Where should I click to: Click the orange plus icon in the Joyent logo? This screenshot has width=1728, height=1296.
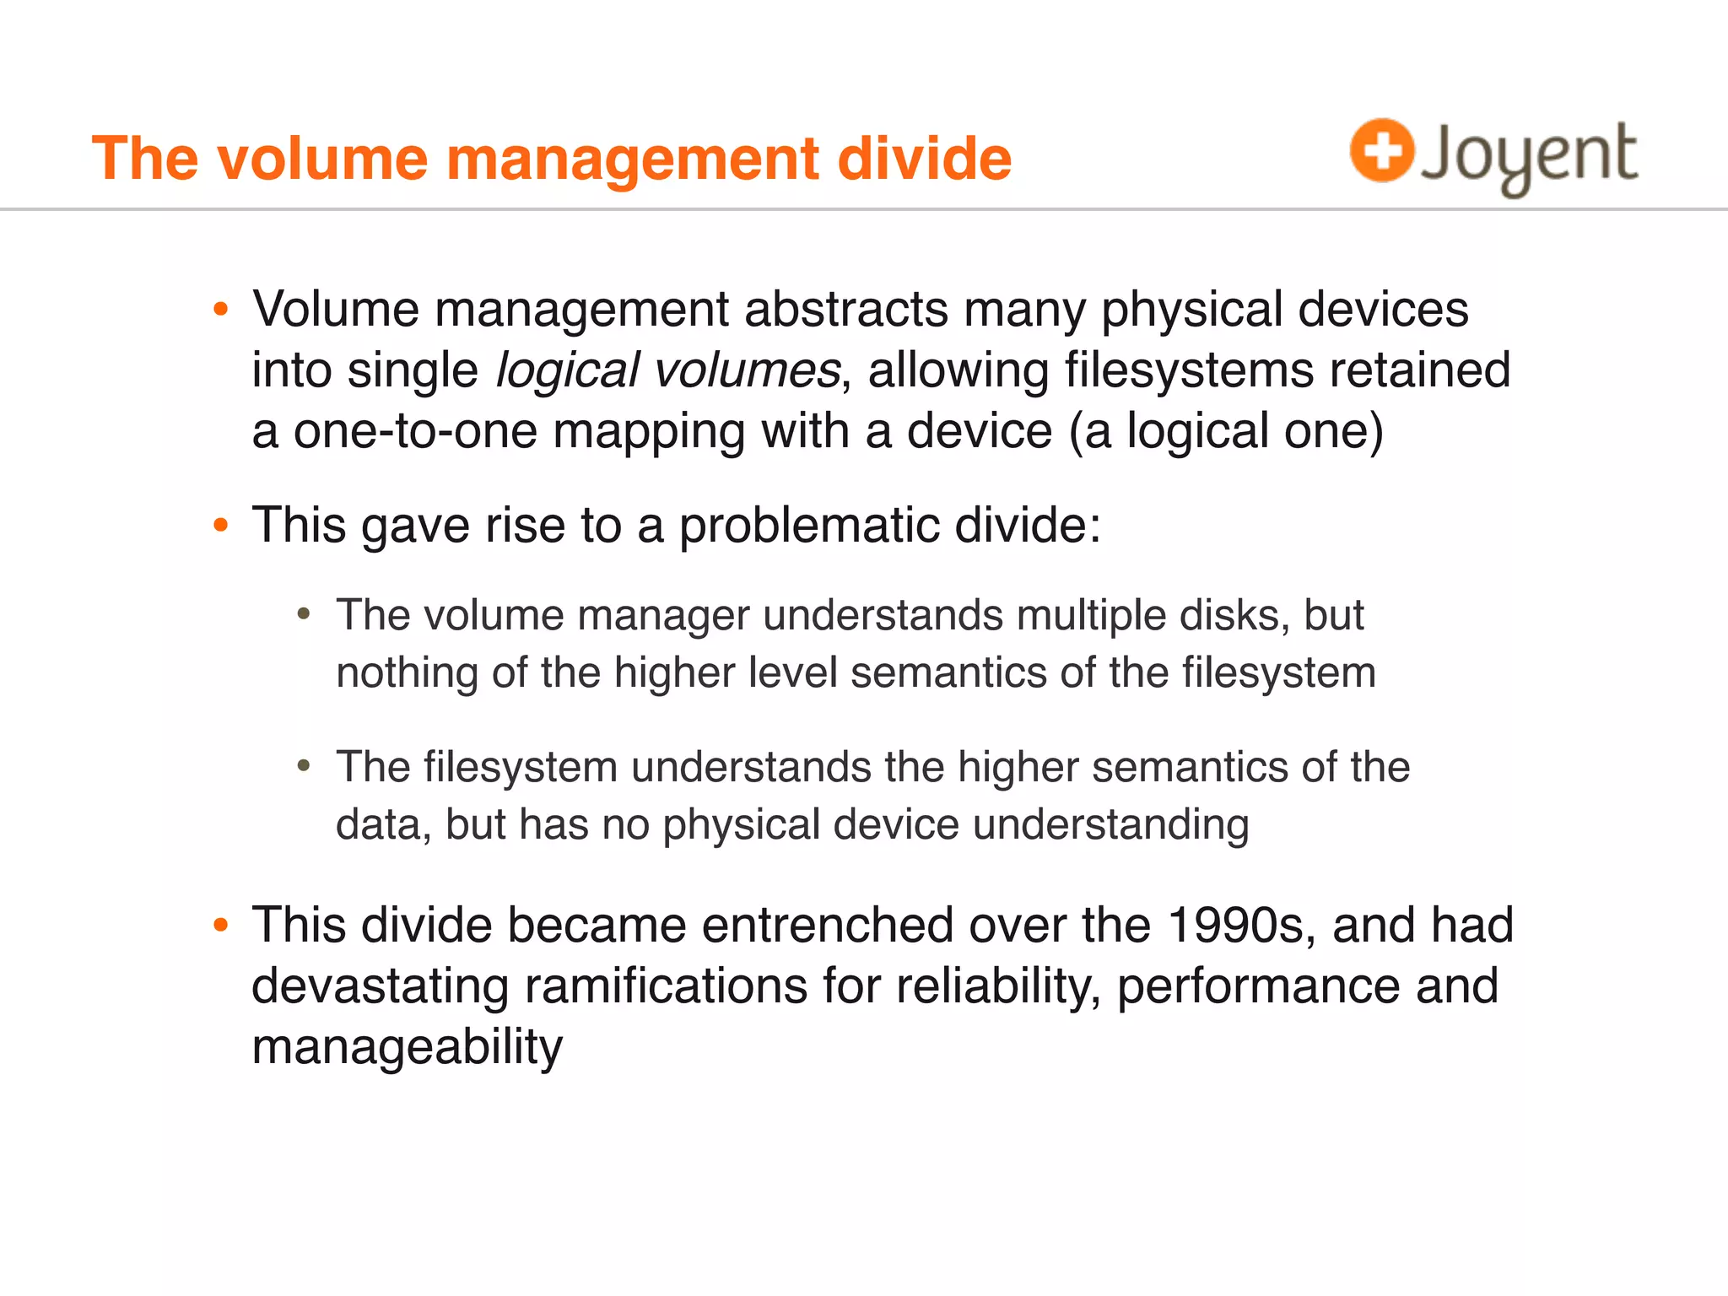(x=1381, y=150)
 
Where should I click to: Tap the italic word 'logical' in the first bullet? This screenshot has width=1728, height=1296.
(x=567, y=370)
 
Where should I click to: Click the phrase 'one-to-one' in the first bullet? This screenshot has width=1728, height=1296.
(x=415, y=431)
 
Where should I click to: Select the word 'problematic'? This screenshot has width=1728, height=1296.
(x=808, y=526)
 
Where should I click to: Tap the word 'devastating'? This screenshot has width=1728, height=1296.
(x=380, y=986)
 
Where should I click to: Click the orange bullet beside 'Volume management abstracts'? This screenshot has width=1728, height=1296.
(x=221, y=309)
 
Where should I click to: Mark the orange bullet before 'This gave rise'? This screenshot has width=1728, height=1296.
(x=221, y=526)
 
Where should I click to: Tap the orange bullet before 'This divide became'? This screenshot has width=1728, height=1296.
(x=221, y=925)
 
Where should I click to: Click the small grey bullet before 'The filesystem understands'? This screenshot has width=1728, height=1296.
(x=305, y=766)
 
